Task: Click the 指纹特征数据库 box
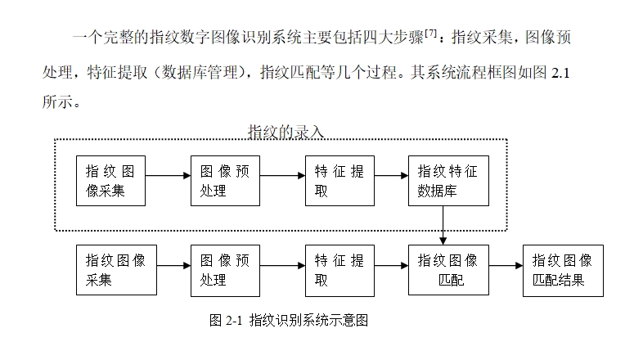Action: click(447, 181)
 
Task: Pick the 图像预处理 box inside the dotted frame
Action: click(224, 181)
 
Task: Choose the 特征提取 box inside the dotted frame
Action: click(339, 181)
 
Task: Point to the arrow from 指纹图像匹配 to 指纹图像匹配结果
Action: click(506, 266)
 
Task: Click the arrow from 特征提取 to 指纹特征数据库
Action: click(391, 175)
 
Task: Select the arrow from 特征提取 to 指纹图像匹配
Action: click(391, 266)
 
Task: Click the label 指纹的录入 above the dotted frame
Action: click(286, 132)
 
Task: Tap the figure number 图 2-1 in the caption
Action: click(227, 320)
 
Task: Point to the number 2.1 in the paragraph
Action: click(561, 74)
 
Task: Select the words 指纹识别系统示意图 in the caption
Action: click(308, 320)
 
